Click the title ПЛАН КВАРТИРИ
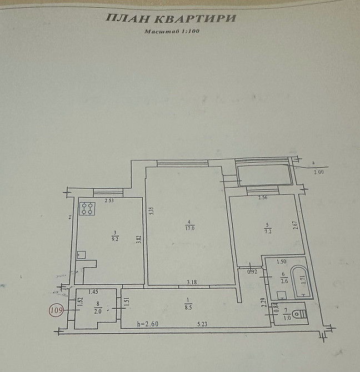[171, 18]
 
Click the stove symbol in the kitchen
[87, 209]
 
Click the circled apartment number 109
[57, 309]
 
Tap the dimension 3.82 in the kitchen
[139, 240]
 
